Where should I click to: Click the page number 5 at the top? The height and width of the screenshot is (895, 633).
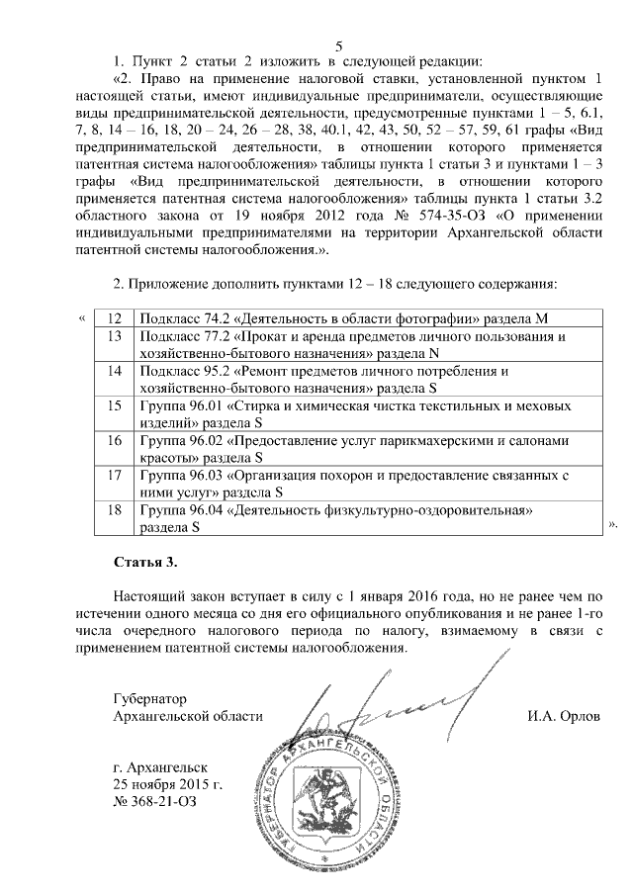coord(338,45)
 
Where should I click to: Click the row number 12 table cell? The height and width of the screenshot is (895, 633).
coord(114,319)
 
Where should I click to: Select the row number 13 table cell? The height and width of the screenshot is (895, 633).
coord(114,345)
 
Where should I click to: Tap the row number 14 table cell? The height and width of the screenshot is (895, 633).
coord(114,380)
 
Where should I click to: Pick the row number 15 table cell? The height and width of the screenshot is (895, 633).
coord(114,414)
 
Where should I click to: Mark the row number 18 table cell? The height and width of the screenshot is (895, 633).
coord(114,518)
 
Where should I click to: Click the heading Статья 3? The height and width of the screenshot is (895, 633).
coord(145,563)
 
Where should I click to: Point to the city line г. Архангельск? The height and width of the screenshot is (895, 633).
coord(161,766)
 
